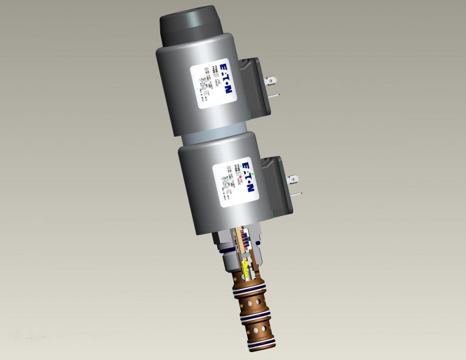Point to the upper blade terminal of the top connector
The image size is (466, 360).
click(273, 79)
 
